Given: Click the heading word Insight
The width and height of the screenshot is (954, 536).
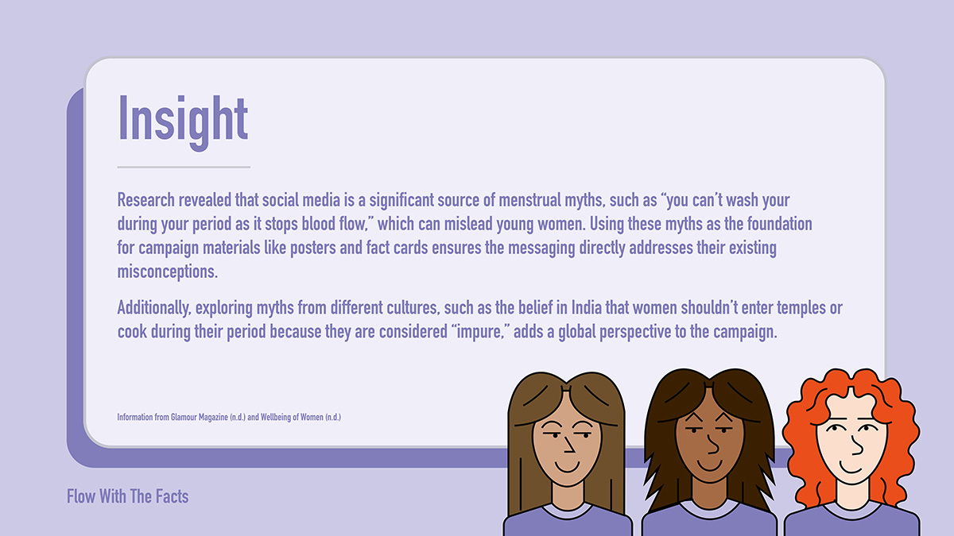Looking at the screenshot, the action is click(x=183, y=122).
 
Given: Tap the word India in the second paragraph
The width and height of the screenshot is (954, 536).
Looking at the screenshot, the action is click(x=587, y=307).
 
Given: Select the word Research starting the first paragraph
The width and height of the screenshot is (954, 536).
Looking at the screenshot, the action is click(x=146, y=200).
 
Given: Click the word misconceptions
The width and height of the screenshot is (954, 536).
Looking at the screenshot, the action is click(x=168, y=272).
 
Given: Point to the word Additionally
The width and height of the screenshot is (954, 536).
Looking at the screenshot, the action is click(x=153, y=308).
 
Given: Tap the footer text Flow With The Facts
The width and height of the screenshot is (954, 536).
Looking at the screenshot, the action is click(x=127, y=496).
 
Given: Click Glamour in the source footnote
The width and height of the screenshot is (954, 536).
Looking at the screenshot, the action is click(x=184, y=418).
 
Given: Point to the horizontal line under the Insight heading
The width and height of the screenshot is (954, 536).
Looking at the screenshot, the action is click(x=184, y=168).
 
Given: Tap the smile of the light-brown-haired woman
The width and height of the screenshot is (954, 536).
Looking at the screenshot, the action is click(x=568, y=466).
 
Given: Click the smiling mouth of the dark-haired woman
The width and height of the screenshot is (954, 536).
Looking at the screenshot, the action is click(x=709, y=465).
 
